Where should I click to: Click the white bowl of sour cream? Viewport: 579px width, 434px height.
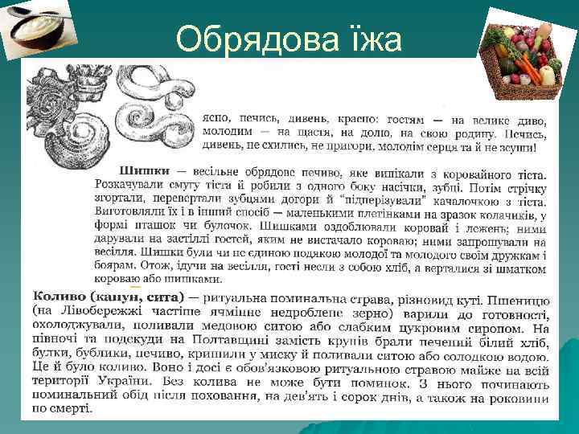tap(41, 31)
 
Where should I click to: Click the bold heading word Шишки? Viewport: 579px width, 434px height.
tap(144, 170)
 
